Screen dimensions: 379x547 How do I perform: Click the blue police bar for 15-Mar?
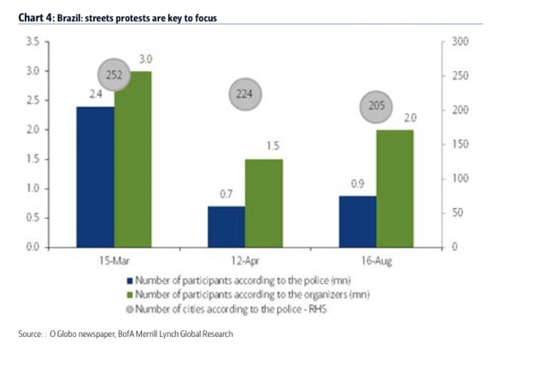click(95, 176)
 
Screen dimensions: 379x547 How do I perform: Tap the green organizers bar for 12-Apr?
click(263, 203)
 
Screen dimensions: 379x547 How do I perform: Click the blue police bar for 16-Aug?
click(356, 221)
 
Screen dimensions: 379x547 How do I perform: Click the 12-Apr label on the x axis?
click(244, 259)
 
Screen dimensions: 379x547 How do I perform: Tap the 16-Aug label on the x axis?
click(375, 259)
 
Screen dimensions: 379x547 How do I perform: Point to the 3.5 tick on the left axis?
click(33, 41)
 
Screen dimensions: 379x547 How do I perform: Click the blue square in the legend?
click(129, 280)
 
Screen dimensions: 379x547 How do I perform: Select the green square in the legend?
click(129, 294)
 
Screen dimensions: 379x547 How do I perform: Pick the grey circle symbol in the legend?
click(129, 308)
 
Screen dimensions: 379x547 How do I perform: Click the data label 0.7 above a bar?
click(226, 195)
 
